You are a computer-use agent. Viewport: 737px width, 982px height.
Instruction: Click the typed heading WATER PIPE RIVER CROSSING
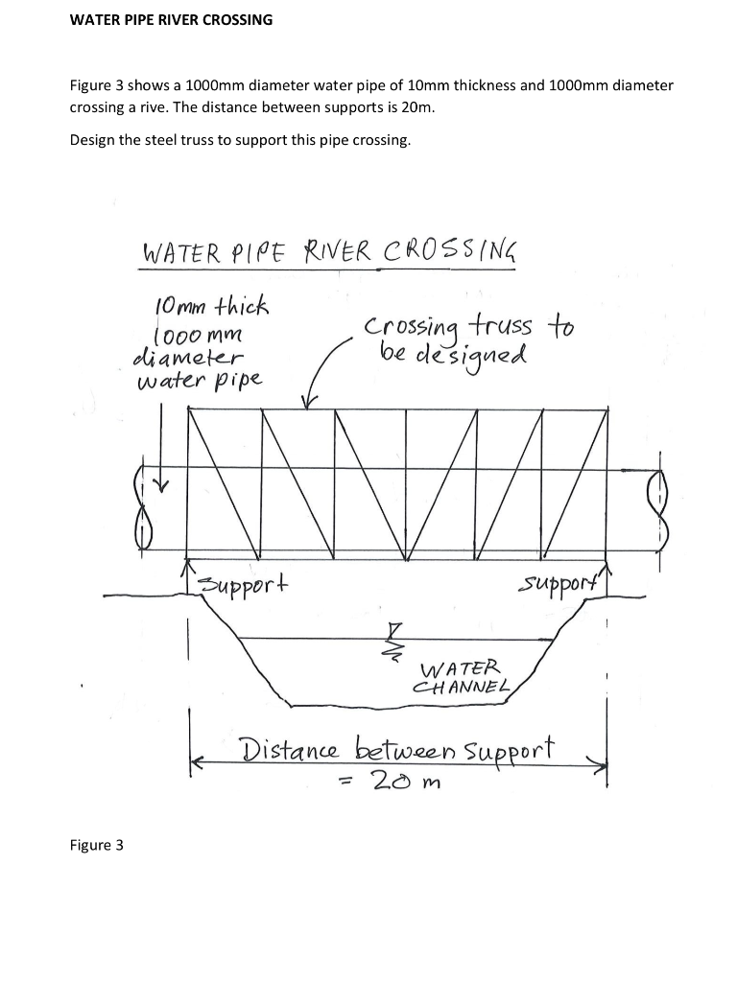tap(172, 19)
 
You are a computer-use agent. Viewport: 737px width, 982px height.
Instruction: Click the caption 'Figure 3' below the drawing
tap(97, 845)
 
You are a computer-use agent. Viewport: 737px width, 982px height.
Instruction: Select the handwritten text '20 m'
tap(404, 783)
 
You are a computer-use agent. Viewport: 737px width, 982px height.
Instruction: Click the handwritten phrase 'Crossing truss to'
tap(468, 327)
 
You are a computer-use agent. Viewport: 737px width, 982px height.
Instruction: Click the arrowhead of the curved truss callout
tap(309, 403)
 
